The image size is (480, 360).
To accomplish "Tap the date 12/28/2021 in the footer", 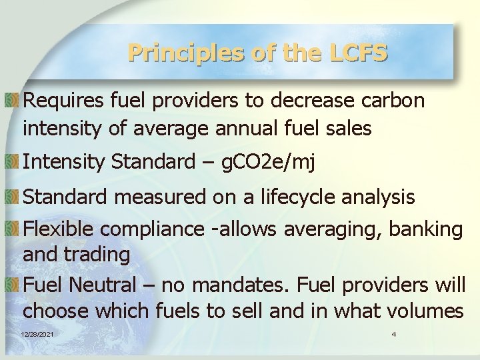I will pyautogui.click(x=38, y=333).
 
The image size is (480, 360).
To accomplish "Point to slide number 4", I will pyautogui.click(x=394, y=333).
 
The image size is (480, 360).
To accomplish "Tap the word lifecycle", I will pyautogui.click(x=299, y=197).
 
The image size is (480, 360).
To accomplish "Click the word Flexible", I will pyautogui.click(x=57, y=229).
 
